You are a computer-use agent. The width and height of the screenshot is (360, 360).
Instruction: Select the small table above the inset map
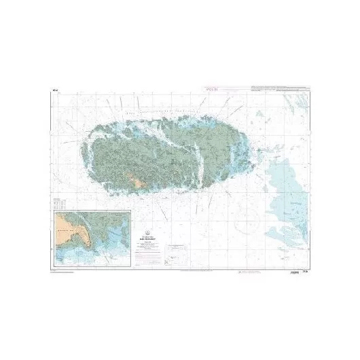coord(59,202)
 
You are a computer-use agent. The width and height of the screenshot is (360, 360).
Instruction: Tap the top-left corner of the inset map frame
coord(54,211)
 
